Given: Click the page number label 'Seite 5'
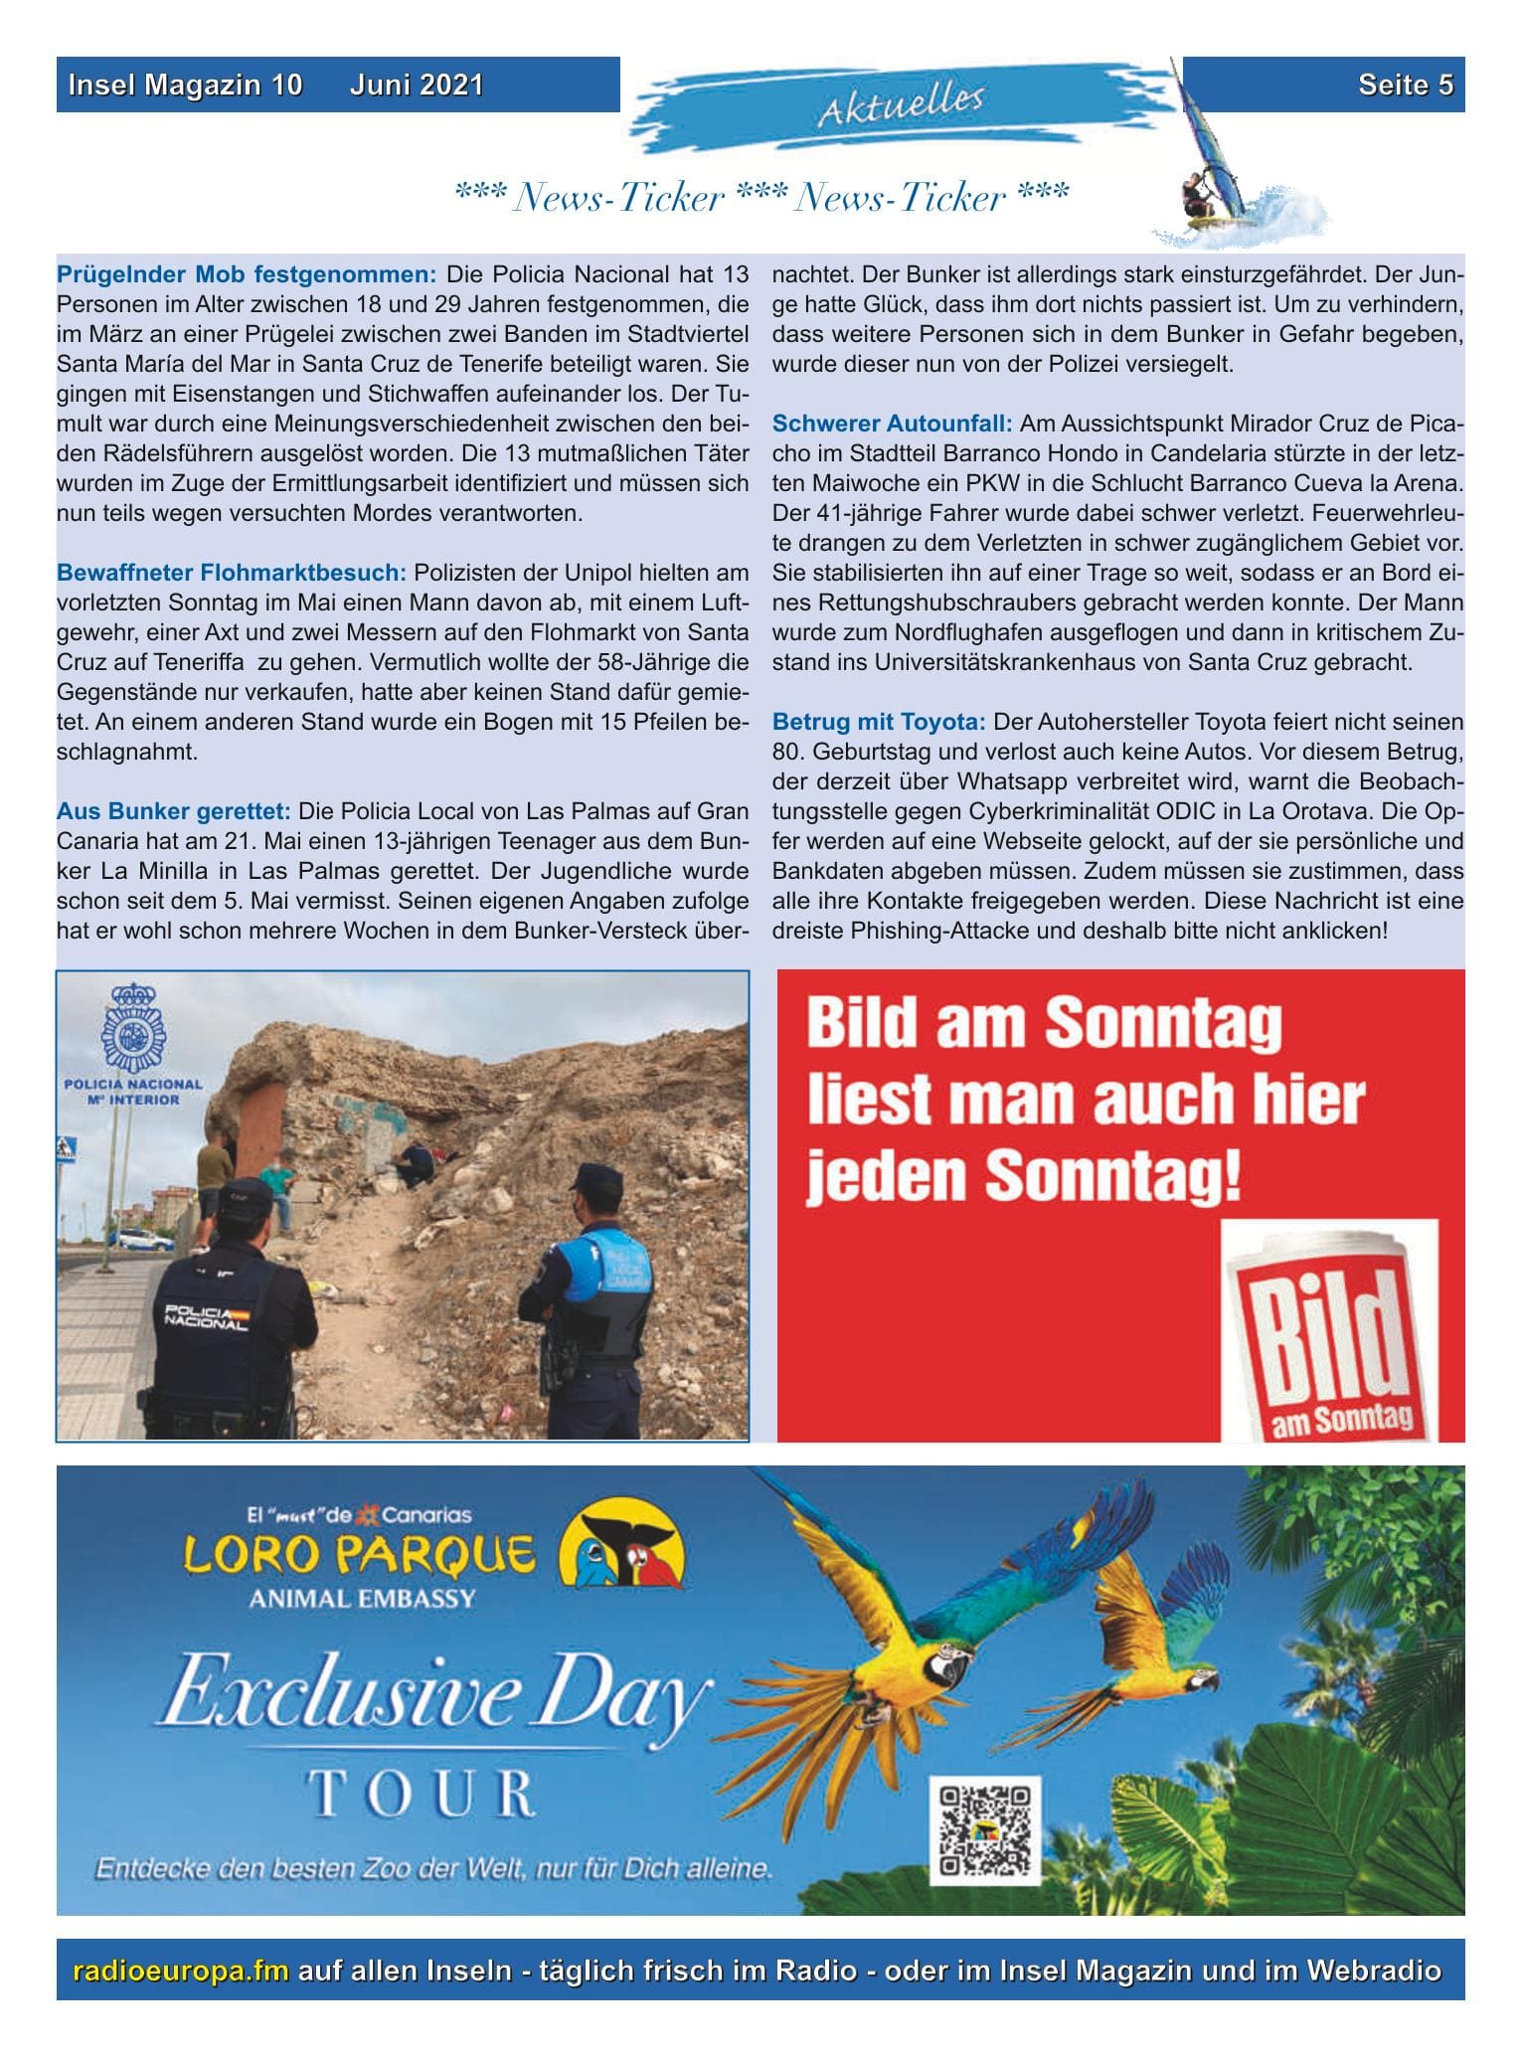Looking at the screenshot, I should point(1405,86).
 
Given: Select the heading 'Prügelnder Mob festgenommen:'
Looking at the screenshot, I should point(247,273).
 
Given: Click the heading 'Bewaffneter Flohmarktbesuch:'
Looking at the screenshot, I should point(232,573).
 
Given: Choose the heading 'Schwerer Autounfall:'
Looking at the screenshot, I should point(893,425).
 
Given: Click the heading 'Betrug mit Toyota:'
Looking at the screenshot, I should point(879,721).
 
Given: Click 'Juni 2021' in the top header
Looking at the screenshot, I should point(417,86).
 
